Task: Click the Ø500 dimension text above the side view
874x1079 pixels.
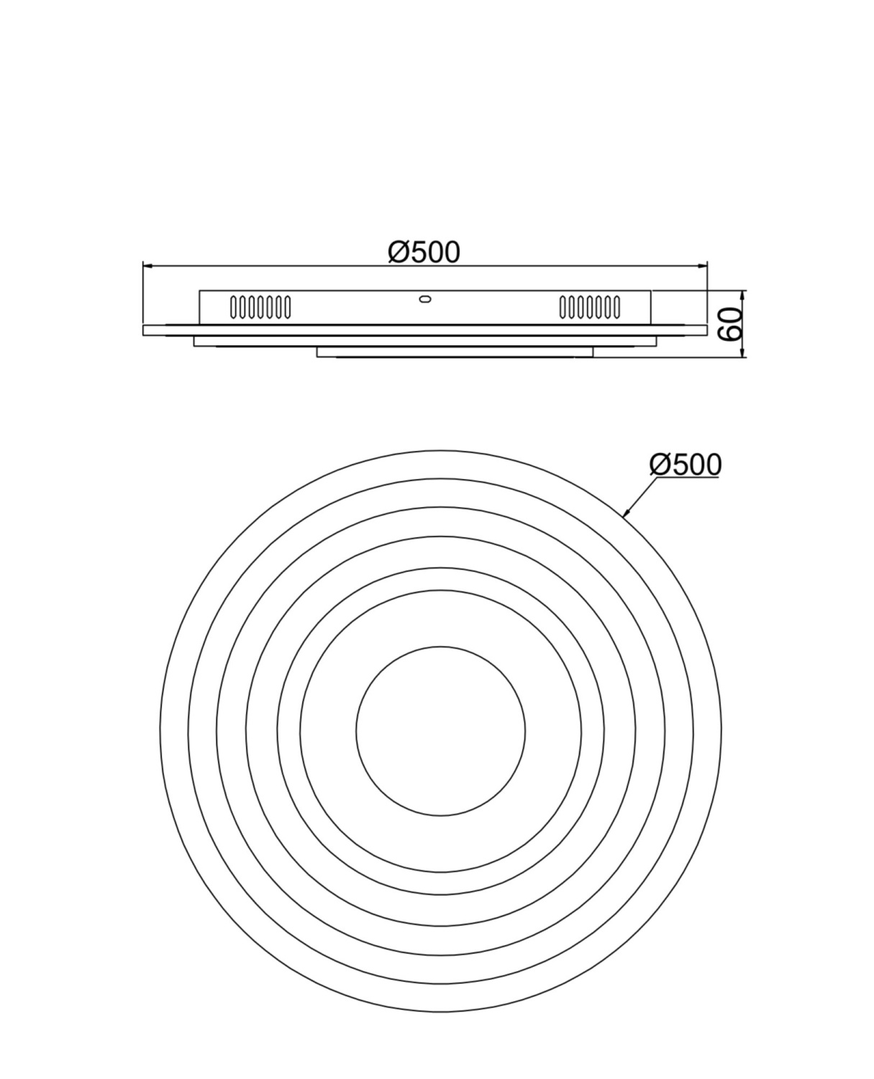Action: tap(424, 252)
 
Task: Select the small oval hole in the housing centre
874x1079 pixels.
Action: tap(425, 299)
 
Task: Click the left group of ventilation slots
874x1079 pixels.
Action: tap(260, 307)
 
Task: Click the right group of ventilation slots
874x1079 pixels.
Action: tap(590, 307)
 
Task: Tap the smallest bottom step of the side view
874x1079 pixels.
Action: tap(455, 352)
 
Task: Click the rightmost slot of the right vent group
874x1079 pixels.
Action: tap(616, 307)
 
